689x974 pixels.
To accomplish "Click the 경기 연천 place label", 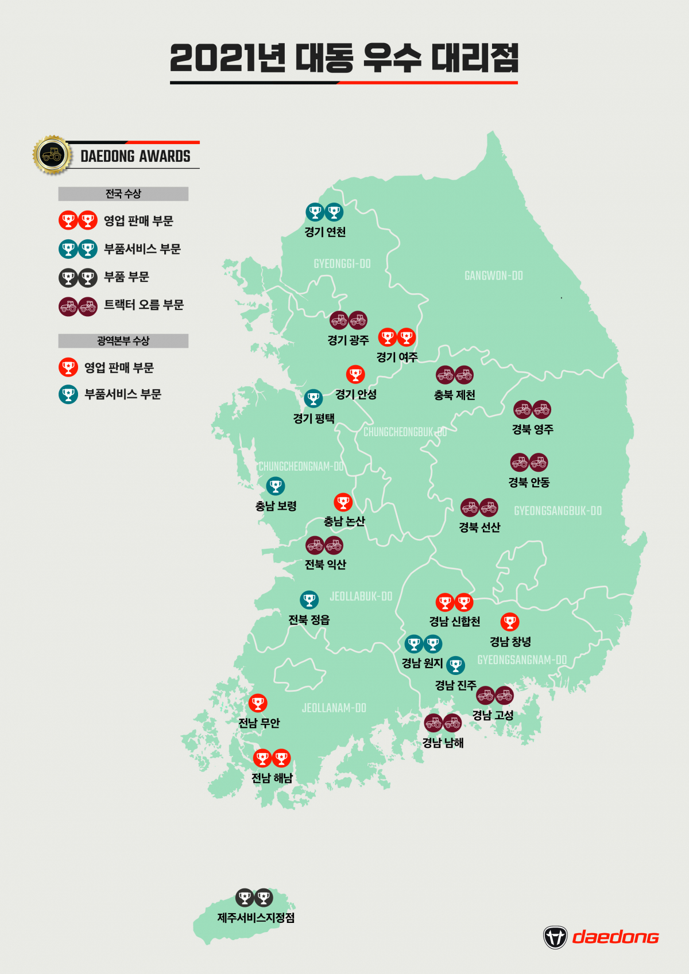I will pos(325,232).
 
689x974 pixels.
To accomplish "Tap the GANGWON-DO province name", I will pos(493,276).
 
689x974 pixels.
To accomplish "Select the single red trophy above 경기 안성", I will pos(355,375).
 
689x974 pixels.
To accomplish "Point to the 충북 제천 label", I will pos(454,395).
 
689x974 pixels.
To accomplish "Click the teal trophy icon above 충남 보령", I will pos(276,486).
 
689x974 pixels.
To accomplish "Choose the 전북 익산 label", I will pos(325,565).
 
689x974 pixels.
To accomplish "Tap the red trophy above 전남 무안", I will pos(258,703).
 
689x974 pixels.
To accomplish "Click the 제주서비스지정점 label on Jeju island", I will pos(256,918).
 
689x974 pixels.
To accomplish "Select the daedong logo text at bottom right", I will pos(616,937).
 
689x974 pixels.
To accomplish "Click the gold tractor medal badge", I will pos(52,154).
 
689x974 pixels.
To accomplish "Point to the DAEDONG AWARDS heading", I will pos(136,156).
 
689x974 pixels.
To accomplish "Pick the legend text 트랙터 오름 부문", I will pos(144,305).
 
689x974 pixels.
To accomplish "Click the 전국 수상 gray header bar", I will pos(123,194).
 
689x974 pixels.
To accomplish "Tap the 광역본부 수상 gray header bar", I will pos(123,341).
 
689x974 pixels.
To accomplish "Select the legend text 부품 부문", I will pos(126,277).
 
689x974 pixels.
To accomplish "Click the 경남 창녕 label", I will pos(510,642).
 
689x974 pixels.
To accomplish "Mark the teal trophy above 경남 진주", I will pos(455,666).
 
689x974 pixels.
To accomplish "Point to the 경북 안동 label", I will pos(529,482).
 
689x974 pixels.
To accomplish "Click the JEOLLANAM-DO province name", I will pos(334,708).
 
